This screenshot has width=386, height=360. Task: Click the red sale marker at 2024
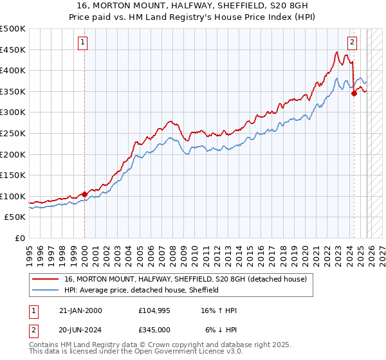pyautogui.click(x=354, y=94)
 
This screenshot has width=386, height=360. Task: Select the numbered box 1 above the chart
pyautogui.click(x=84, y=43)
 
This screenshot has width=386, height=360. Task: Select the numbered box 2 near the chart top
pyautogui.click(x=353, y=43)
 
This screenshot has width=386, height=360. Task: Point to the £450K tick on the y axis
pyautogui.click(x=13, y=50)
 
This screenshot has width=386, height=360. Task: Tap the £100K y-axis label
pyautogui.click(x=13, y=196)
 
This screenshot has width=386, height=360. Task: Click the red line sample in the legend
pyautogui.click(x=46, y=279)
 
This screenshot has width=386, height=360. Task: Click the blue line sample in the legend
pyautogui.click(x=46, y=290)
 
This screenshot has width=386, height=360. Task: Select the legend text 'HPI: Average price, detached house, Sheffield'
pyautogui.click(x=142, y=290)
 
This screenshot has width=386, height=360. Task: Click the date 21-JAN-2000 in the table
pyautogui.click(x=81, y=311)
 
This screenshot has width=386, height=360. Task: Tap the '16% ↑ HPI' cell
pyautogui.click(x=219, y=311)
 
